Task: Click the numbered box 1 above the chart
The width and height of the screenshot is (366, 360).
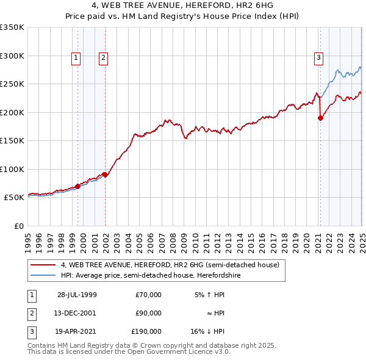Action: (x=76, y=58)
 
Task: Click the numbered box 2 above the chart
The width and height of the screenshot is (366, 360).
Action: (x=104, y=58)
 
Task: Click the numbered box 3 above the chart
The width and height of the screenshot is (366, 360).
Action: (x=318, y=58)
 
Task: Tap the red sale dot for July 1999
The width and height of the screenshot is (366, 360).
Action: (x=78, y=186)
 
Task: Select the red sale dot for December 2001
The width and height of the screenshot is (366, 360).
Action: (x=105, y=175)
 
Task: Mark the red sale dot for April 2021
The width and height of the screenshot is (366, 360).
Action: (x=320, y=118)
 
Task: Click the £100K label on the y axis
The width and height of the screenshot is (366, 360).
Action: (x=12, y=169)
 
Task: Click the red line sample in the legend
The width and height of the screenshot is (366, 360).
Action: (x=43, y=265)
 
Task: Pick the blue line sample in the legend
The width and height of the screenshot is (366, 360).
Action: (x=43, y=275)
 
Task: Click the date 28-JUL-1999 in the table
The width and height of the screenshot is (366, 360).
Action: (x=77, y=294)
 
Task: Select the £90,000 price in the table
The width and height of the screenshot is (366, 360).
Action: (x=148, y=313)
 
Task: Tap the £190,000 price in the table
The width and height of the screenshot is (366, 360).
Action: (x=146, y=332)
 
